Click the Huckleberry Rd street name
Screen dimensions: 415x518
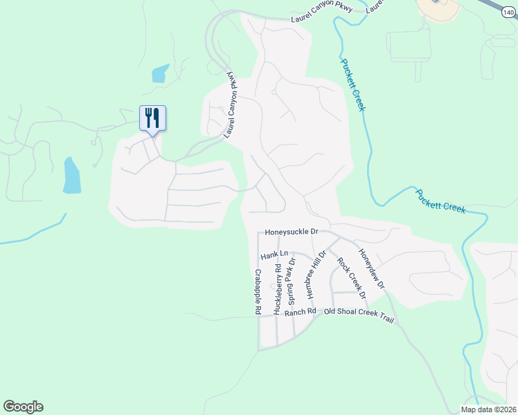tap(277, 290)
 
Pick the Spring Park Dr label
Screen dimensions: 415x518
tap(292, 282)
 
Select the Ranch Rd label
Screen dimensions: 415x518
tap(300, 312)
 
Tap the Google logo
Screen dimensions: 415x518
tap(23, 407)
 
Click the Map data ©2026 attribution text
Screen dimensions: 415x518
tap(488, 409)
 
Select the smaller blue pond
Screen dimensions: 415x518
tap(161, 73)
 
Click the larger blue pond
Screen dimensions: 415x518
tap(71, 175)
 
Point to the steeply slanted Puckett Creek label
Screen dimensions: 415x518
tap(352, 84)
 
